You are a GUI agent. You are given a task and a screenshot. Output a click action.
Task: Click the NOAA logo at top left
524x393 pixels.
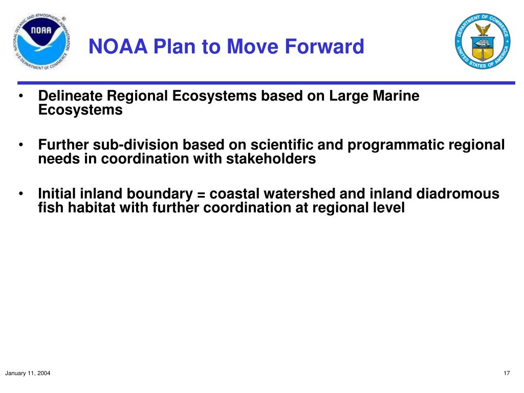(x=40, y=41)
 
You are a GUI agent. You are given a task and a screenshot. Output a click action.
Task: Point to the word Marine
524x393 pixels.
(x=396, y=96)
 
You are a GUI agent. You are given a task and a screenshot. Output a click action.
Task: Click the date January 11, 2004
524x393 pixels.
(x=28, y=374)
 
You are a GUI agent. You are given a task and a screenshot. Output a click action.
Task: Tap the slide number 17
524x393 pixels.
(x=507, y=374)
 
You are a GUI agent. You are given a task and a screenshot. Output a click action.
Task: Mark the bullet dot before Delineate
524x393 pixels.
(x=21, y=96)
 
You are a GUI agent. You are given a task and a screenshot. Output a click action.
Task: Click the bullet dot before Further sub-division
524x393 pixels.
(x=21, y=145)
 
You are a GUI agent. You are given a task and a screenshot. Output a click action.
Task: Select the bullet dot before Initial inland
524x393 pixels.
(x=21, y=194)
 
